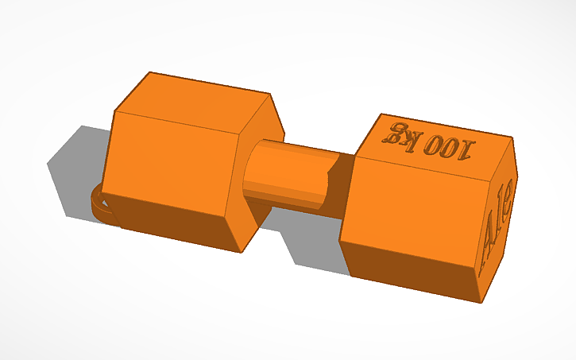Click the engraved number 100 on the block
coord(449,145)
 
